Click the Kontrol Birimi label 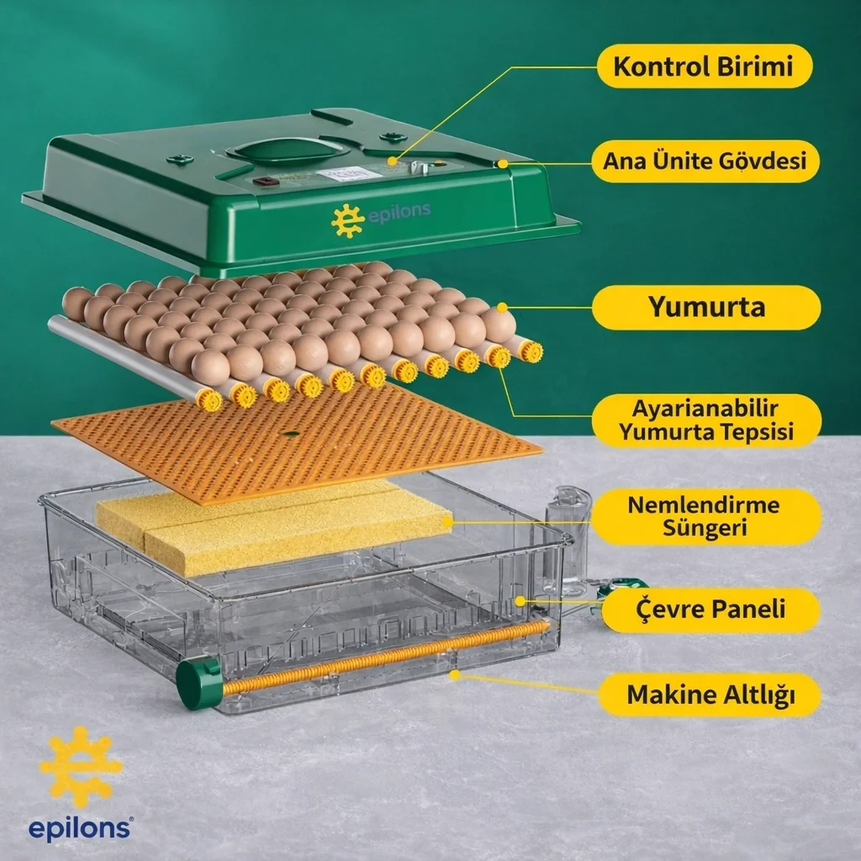point(705,66)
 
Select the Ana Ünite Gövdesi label point(705,161)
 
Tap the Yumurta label point(706,307)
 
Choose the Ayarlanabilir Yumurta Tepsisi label point(706,420)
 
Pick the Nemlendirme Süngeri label point(705,516)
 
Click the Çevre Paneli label point(711,610)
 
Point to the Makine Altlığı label point(710,695)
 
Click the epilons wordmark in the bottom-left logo point(80,828)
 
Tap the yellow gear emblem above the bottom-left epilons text point(81,767)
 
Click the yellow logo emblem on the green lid point(347,220)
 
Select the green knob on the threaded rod point(198,683)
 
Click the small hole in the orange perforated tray point(290,435)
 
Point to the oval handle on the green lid point(286,151)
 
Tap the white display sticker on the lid point(349,175)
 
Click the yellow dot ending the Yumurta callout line point(502,308)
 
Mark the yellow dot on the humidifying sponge point(447,522)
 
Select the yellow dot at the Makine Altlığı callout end point(454,674)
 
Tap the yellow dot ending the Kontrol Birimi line point(392,161)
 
